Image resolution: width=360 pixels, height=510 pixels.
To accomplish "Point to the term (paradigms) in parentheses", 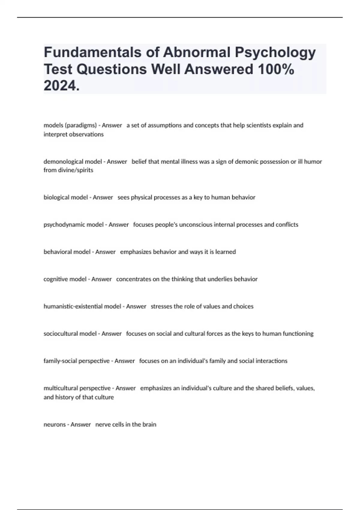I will tap(81, 125).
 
